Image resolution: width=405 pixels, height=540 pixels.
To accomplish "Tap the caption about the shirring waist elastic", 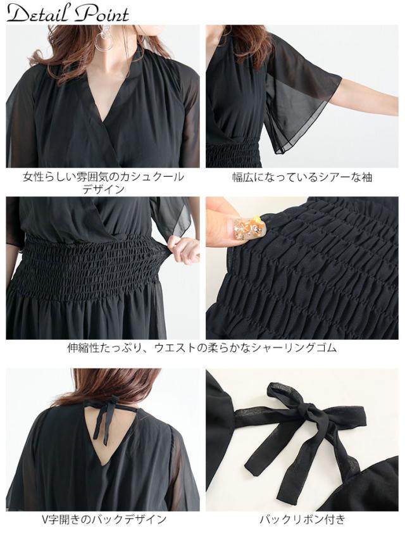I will tap(202, 348).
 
